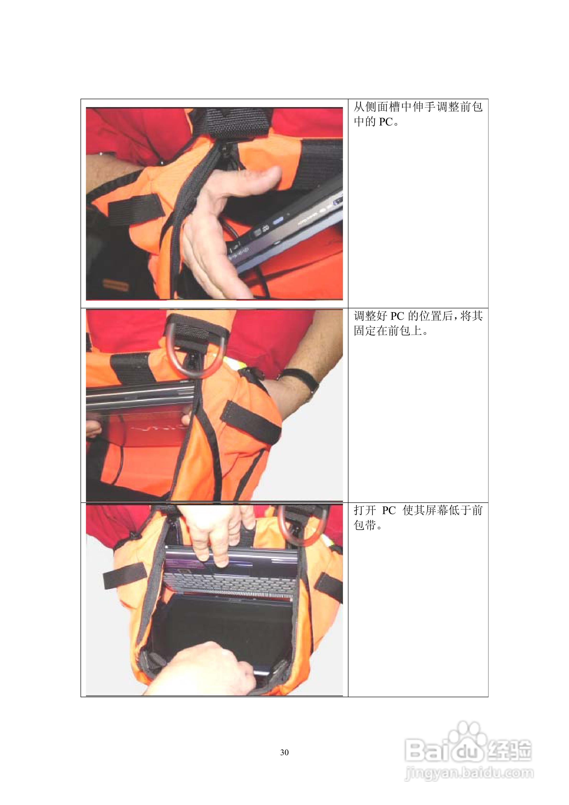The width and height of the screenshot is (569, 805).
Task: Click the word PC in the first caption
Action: [386, 122]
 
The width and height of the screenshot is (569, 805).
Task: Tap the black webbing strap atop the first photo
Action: [238, 123]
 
